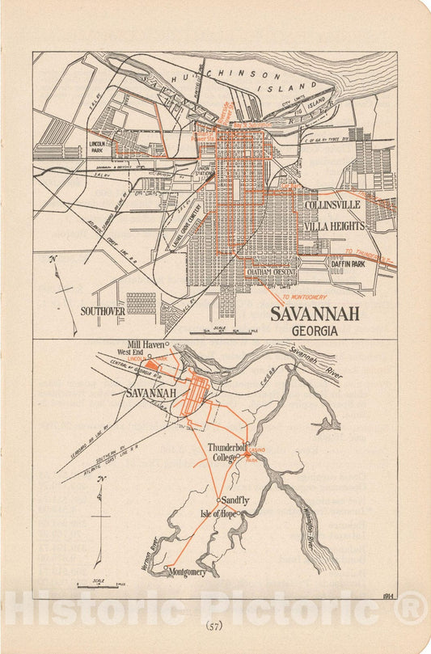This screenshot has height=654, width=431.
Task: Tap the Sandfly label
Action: point(235,501)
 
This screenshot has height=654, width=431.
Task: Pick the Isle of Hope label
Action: point(218,513)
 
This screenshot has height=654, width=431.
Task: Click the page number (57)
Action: point(214,625)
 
